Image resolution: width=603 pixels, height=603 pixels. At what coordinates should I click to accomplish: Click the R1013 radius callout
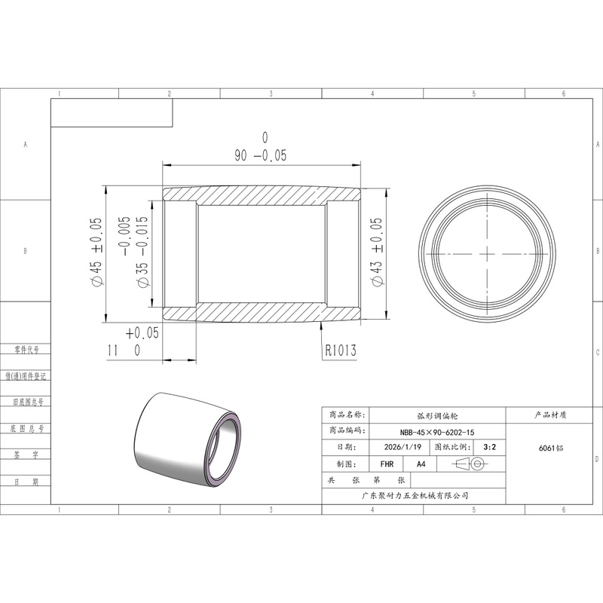point(341,350)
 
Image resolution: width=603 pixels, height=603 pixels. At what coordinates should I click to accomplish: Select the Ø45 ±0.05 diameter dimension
point(96,252)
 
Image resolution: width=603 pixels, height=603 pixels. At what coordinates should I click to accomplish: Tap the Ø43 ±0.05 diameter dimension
point(376,252)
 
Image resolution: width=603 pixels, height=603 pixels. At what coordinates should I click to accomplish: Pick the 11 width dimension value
point(112,350)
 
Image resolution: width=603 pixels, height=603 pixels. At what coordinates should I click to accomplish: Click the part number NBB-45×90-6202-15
point(437,432)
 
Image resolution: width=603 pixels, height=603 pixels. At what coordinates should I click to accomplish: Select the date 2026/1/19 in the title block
point(403,447)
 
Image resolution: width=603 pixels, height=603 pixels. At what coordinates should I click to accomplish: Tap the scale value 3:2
point(489,447)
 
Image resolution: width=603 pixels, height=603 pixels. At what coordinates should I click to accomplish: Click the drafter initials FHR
point(387,464)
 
